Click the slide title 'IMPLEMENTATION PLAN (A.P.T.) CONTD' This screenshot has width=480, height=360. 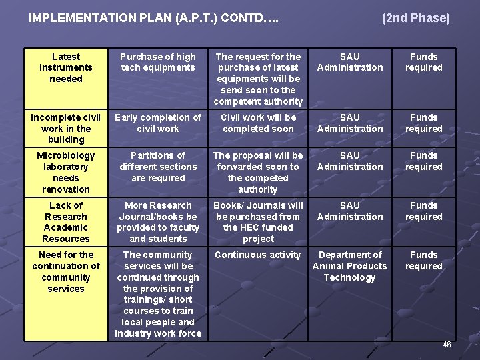(x=153, y=19)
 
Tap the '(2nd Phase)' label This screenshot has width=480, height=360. (x=416, y=19)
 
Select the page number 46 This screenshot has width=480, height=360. (x=447, y=345)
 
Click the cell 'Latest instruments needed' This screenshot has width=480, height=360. (x=66, y=67)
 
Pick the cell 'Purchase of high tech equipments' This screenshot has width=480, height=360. (x=158, y=62)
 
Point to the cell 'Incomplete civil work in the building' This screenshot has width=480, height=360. (x=66, y=129)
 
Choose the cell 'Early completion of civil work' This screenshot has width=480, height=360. (x=158, y=123)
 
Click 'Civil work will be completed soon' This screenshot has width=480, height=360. (x=258, y=123)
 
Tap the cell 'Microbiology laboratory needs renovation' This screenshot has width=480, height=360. (x=66, y=173)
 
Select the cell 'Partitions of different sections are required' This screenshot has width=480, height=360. (x=158, y=167)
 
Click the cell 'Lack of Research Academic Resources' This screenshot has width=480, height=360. (x=66, y=222)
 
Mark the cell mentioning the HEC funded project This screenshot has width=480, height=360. (x=258, y=222)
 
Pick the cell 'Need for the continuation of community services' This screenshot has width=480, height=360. (x=66, y=271)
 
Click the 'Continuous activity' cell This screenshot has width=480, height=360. (x=258, y=255)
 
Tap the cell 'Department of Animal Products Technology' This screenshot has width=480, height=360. (x=350, y=266)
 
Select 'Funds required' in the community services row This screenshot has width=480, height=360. (x=424, y=261)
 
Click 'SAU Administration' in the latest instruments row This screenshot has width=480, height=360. (x=350, y=62)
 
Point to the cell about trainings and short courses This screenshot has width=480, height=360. (x=158, y=294)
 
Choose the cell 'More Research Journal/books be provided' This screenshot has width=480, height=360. (x=158, y=222)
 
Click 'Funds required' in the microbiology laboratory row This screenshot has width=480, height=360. (x=424, y=161)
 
